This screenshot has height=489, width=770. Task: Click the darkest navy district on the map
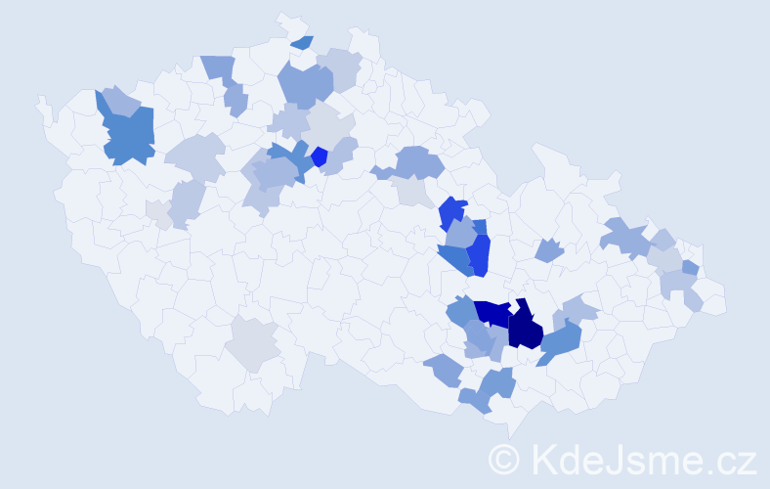(x=525, y=328)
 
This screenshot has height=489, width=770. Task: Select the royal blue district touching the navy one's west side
(x=493, y=313)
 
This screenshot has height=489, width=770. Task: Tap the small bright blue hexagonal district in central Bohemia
(x=319, y=156)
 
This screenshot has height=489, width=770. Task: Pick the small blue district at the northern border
(x=302, y=42)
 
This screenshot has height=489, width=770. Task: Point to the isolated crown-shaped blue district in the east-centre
(x=549, y=250)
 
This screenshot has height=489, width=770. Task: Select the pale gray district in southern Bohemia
(x=252, y=343)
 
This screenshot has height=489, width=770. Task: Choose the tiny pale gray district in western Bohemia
(x=155, y=211)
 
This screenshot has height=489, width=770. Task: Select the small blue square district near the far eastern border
(x=690, y=267)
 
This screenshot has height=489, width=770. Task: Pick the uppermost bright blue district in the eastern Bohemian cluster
(x=452, y=212)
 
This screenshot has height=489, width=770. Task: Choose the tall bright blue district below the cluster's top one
(x=479, y=255)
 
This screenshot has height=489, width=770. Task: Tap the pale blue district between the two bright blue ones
(x=460, y=235)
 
